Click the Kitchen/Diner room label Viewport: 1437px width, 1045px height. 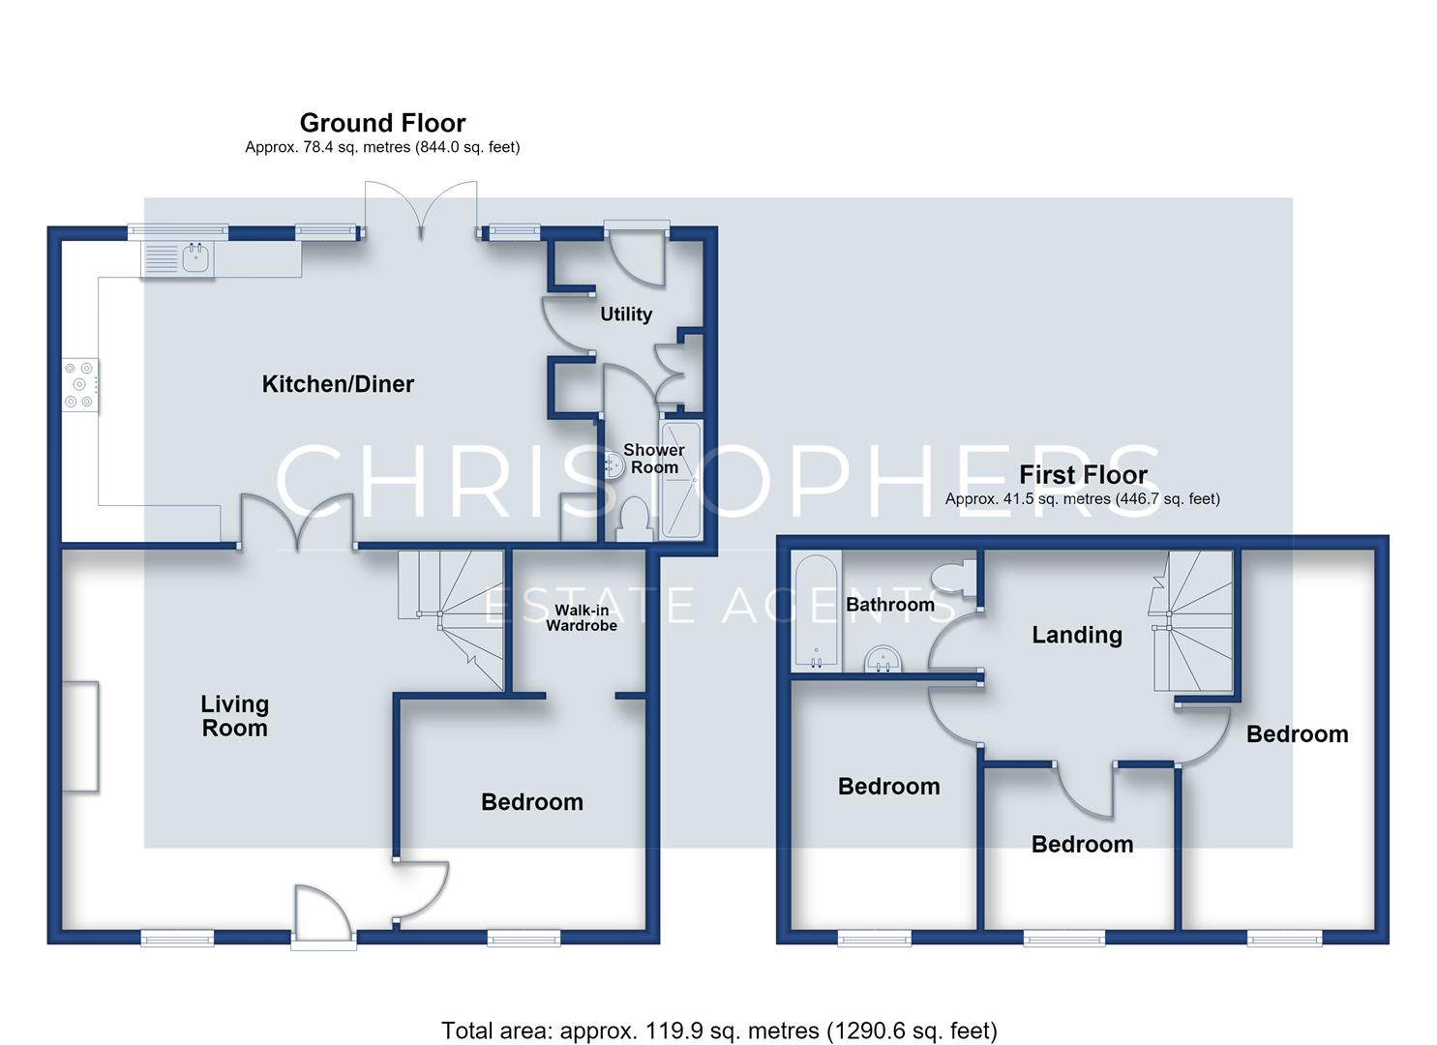click(x=338, y=384)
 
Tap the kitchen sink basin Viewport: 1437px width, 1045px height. click(x=196, y=258)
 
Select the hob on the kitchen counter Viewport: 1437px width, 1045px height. click(x=80, y=385)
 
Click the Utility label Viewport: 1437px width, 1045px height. click(x=626, y=314)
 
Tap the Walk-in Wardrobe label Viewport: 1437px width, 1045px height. click(x=582, y=617)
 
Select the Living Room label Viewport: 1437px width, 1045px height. click(x=235, y=716)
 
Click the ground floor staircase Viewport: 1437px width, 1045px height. click(x=450, y=619)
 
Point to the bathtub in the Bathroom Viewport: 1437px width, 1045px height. click(x=816, y=610)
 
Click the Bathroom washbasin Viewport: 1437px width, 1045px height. click(x=884, y=659)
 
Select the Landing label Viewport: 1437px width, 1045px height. click(x=1077, y=635)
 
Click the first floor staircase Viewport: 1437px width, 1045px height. click(x=1192, y=621)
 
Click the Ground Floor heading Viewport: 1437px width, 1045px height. click(x=383, y=123)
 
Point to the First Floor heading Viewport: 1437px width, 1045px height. click(x=1084, y=475)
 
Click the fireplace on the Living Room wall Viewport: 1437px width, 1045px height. click(x=80, y=737)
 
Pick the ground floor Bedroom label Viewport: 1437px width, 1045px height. click(x=532, y=802)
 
